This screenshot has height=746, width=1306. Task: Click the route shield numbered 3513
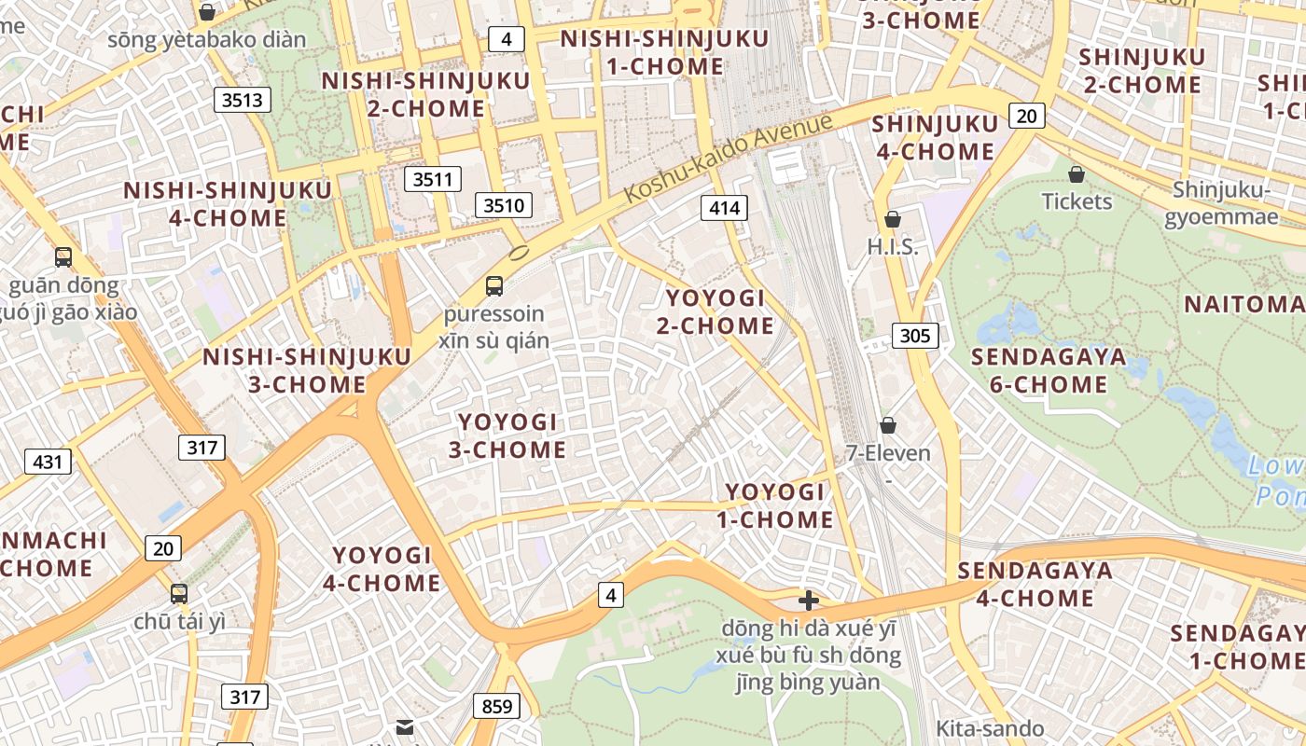(243, 99)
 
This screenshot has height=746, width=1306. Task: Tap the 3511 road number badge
(433, 179)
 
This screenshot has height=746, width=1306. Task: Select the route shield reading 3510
(504, 205)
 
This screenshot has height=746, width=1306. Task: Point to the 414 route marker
(725, 208)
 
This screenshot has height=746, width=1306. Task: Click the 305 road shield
(915, 336)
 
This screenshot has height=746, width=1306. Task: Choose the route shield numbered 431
(48, 462)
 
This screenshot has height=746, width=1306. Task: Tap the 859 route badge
(497, 707)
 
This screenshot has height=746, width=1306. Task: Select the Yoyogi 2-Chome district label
(716, 311)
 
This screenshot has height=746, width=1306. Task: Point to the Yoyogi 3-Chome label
(507, 435)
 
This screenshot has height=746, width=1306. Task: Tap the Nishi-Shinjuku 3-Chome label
(307, 370)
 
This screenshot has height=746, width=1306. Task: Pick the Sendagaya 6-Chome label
(1049, 370)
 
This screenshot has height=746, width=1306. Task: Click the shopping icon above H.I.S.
(893, 219)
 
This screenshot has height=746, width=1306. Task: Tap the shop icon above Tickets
(1077, 174)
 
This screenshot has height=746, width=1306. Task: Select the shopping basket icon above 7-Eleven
(888, 425)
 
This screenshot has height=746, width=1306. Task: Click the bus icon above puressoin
(494, 286)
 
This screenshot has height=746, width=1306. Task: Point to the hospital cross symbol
(809, 601)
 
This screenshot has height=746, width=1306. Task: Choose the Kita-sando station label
(990, 728)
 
